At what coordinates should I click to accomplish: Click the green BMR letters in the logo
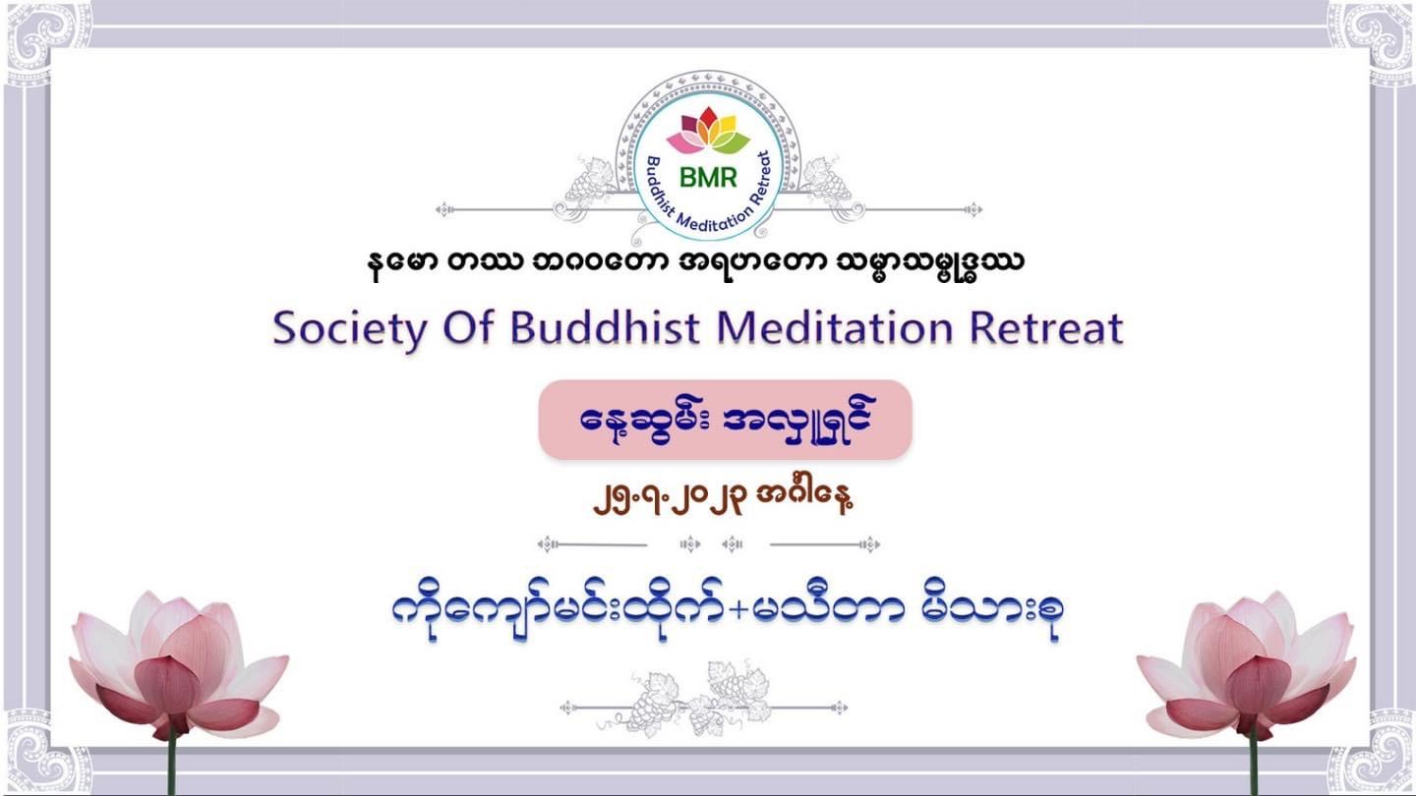tap(708, 178)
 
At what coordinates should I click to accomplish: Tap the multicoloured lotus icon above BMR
tap(708, 131)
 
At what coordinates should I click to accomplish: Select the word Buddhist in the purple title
tap(606, 328)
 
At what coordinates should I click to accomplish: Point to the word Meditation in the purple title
tap(835, 328)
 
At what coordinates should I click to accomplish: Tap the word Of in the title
tap(468, 328)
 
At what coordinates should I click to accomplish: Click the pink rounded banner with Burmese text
tap(725, 420)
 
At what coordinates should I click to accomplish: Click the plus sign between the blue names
tap(737, 609)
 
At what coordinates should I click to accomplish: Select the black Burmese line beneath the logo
tap(695, 263)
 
